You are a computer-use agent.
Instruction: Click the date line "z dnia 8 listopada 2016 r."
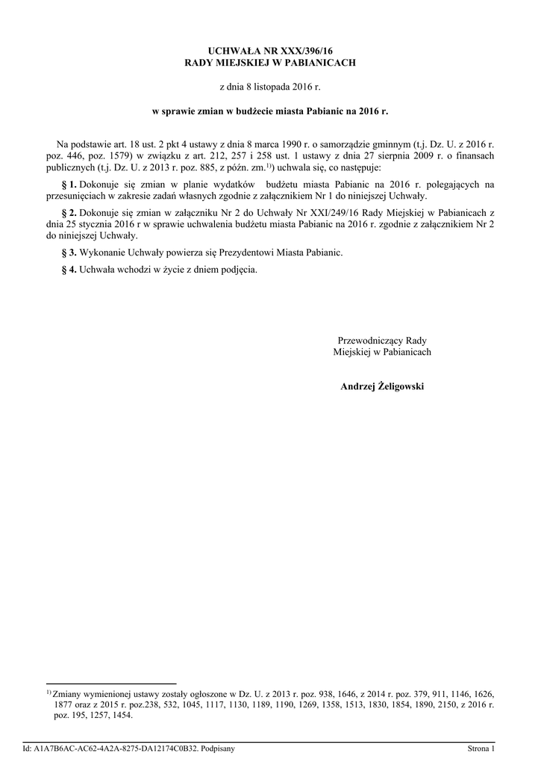pos(270,87)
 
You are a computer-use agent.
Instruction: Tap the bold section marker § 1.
pos(67,184)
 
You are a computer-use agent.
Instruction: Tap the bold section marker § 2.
pos(67,213)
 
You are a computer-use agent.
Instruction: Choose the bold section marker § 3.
pos(67,253)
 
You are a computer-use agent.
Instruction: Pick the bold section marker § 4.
pos(67,270)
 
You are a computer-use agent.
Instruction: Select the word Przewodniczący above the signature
pos(369,340)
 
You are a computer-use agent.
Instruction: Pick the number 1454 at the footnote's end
pos(119,715)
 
